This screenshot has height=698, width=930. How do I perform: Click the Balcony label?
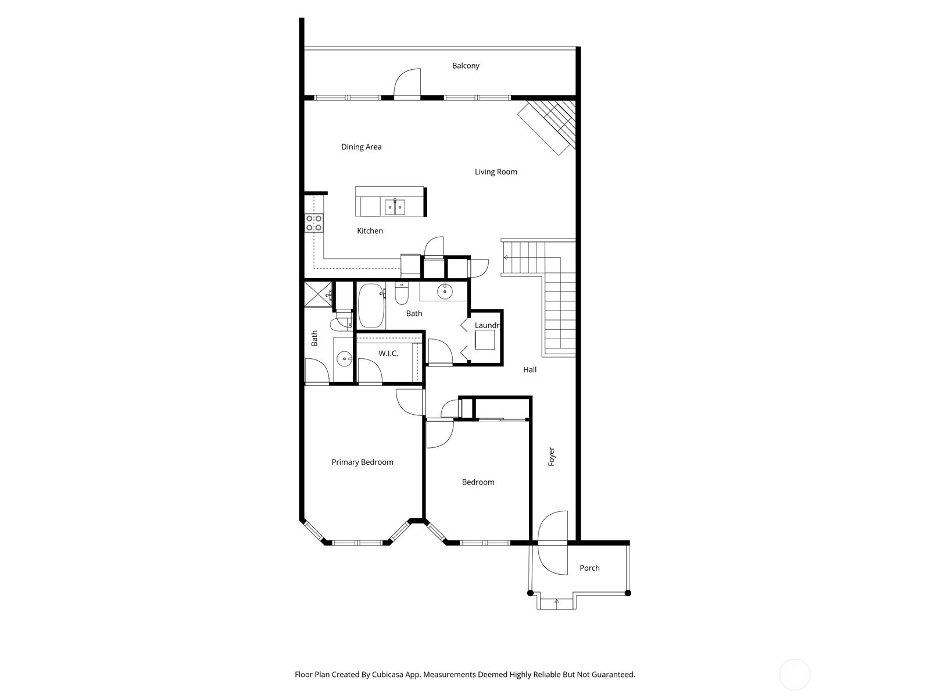pos(465,66)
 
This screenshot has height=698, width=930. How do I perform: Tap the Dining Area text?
pos(361,147)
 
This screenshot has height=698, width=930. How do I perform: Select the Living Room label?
pos(496,172)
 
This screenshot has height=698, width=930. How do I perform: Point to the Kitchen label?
pos(370,231)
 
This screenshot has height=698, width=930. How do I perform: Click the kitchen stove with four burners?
pos(314,223)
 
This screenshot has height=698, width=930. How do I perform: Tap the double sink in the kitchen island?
pos(395,207)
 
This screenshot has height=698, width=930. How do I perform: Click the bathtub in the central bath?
pos(371,305)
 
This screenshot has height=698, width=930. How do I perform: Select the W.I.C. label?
pos(388,354)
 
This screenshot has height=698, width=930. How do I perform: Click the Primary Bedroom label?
pos(362,462)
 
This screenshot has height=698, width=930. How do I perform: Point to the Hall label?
pos(530,370)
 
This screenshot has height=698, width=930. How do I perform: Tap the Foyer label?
pos(551,457)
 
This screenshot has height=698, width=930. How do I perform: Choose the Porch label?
pos(589,568)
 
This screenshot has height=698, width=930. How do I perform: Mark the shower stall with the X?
pos(318,294)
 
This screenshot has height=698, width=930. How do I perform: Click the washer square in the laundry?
pos(485,340)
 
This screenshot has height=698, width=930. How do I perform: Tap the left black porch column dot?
pos(530,593)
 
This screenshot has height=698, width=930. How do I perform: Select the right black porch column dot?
pos(628,593)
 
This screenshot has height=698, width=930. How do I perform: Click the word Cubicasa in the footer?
pos(388,675)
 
